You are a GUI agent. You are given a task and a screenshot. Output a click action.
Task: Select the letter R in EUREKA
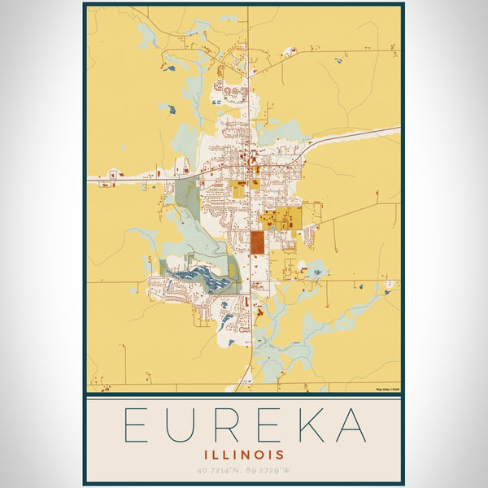pyautogui.click(x=229, y=425)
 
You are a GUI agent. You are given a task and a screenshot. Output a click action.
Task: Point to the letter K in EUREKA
pyautogui.click(x=307, y=425)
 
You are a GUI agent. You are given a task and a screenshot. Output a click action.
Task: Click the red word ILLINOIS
pyautogui.click(x=244, y=454)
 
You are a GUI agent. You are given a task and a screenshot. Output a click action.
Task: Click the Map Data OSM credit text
pyautogui.click(x=387, y=390)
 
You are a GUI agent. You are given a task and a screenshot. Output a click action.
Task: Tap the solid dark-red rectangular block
pyautogui.click(x=258, y=242)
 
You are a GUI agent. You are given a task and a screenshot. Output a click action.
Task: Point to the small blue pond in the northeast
pyautogui.click(x=338, y=59)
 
